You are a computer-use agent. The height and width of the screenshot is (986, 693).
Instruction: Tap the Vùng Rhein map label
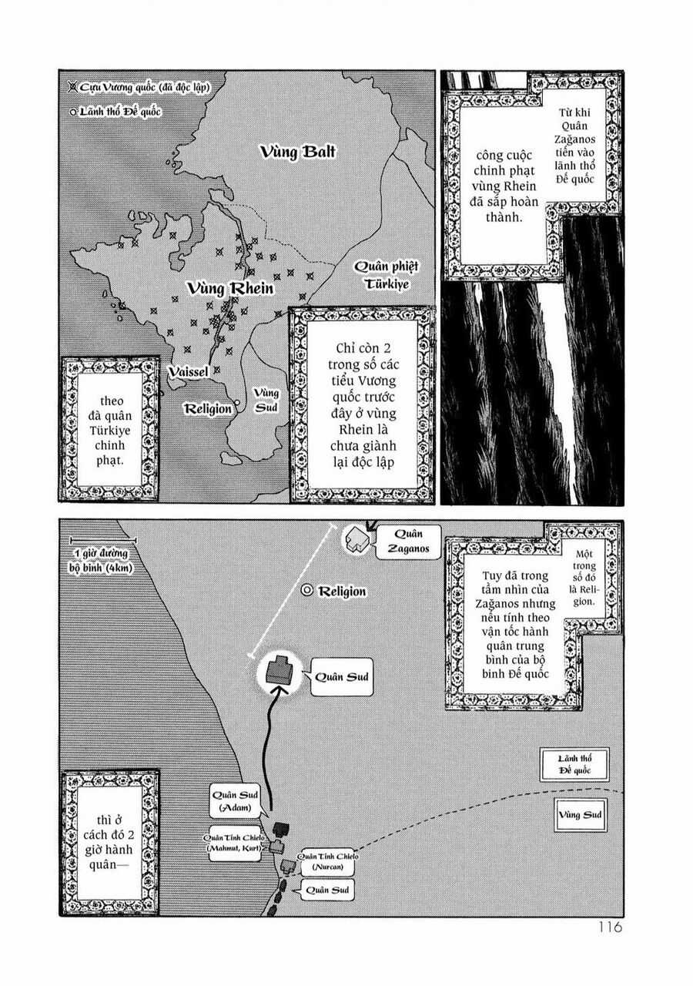[x=230, y=289]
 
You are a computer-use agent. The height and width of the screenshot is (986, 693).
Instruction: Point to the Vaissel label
[x=189, y=371]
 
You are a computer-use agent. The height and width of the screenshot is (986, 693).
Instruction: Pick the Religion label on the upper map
[x=206, y=408]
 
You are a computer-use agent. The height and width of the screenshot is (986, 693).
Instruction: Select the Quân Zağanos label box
[x=399, y=540]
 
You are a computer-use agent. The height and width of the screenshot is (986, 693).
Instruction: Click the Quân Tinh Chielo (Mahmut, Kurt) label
[x=231, y=843]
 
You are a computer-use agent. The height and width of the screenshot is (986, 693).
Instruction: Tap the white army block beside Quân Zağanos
[x=355, y=539]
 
